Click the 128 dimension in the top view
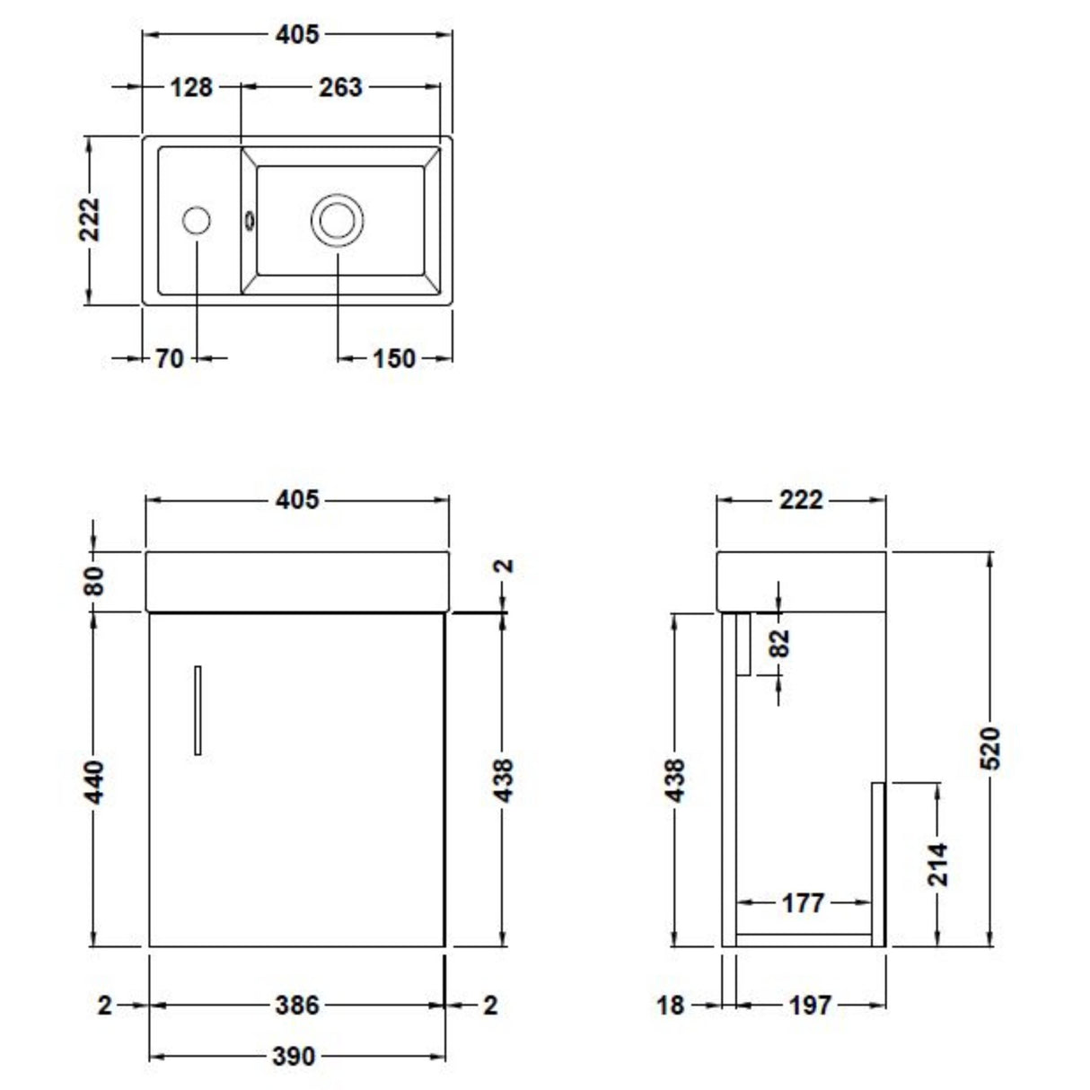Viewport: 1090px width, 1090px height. coord(191,87)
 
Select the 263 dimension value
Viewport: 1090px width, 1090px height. coord(340,87)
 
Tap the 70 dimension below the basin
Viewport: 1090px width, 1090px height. coord(169,358)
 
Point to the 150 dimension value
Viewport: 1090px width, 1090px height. coord(393,358)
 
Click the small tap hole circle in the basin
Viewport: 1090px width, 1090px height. coord(197,220)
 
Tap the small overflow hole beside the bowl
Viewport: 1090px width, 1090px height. coord(250,218)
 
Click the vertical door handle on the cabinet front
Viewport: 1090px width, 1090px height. coord(198,710)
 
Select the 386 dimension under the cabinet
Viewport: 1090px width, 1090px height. coord(296,1005)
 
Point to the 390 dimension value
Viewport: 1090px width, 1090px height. coord(294,1057)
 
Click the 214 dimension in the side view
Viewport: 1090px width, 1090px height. coord(937,864)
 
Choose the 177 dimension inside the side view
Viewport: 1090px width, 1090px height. coord(802,902)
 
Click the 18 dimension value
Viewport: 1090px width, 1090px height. coord(670,1005)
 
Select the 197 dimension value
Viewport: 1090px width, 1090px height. coord(810,1005)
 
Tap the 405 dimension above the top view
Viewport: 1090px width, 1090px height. coord(296,34)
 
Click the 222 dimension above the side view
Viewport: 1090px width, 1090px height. coord(800,499)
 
